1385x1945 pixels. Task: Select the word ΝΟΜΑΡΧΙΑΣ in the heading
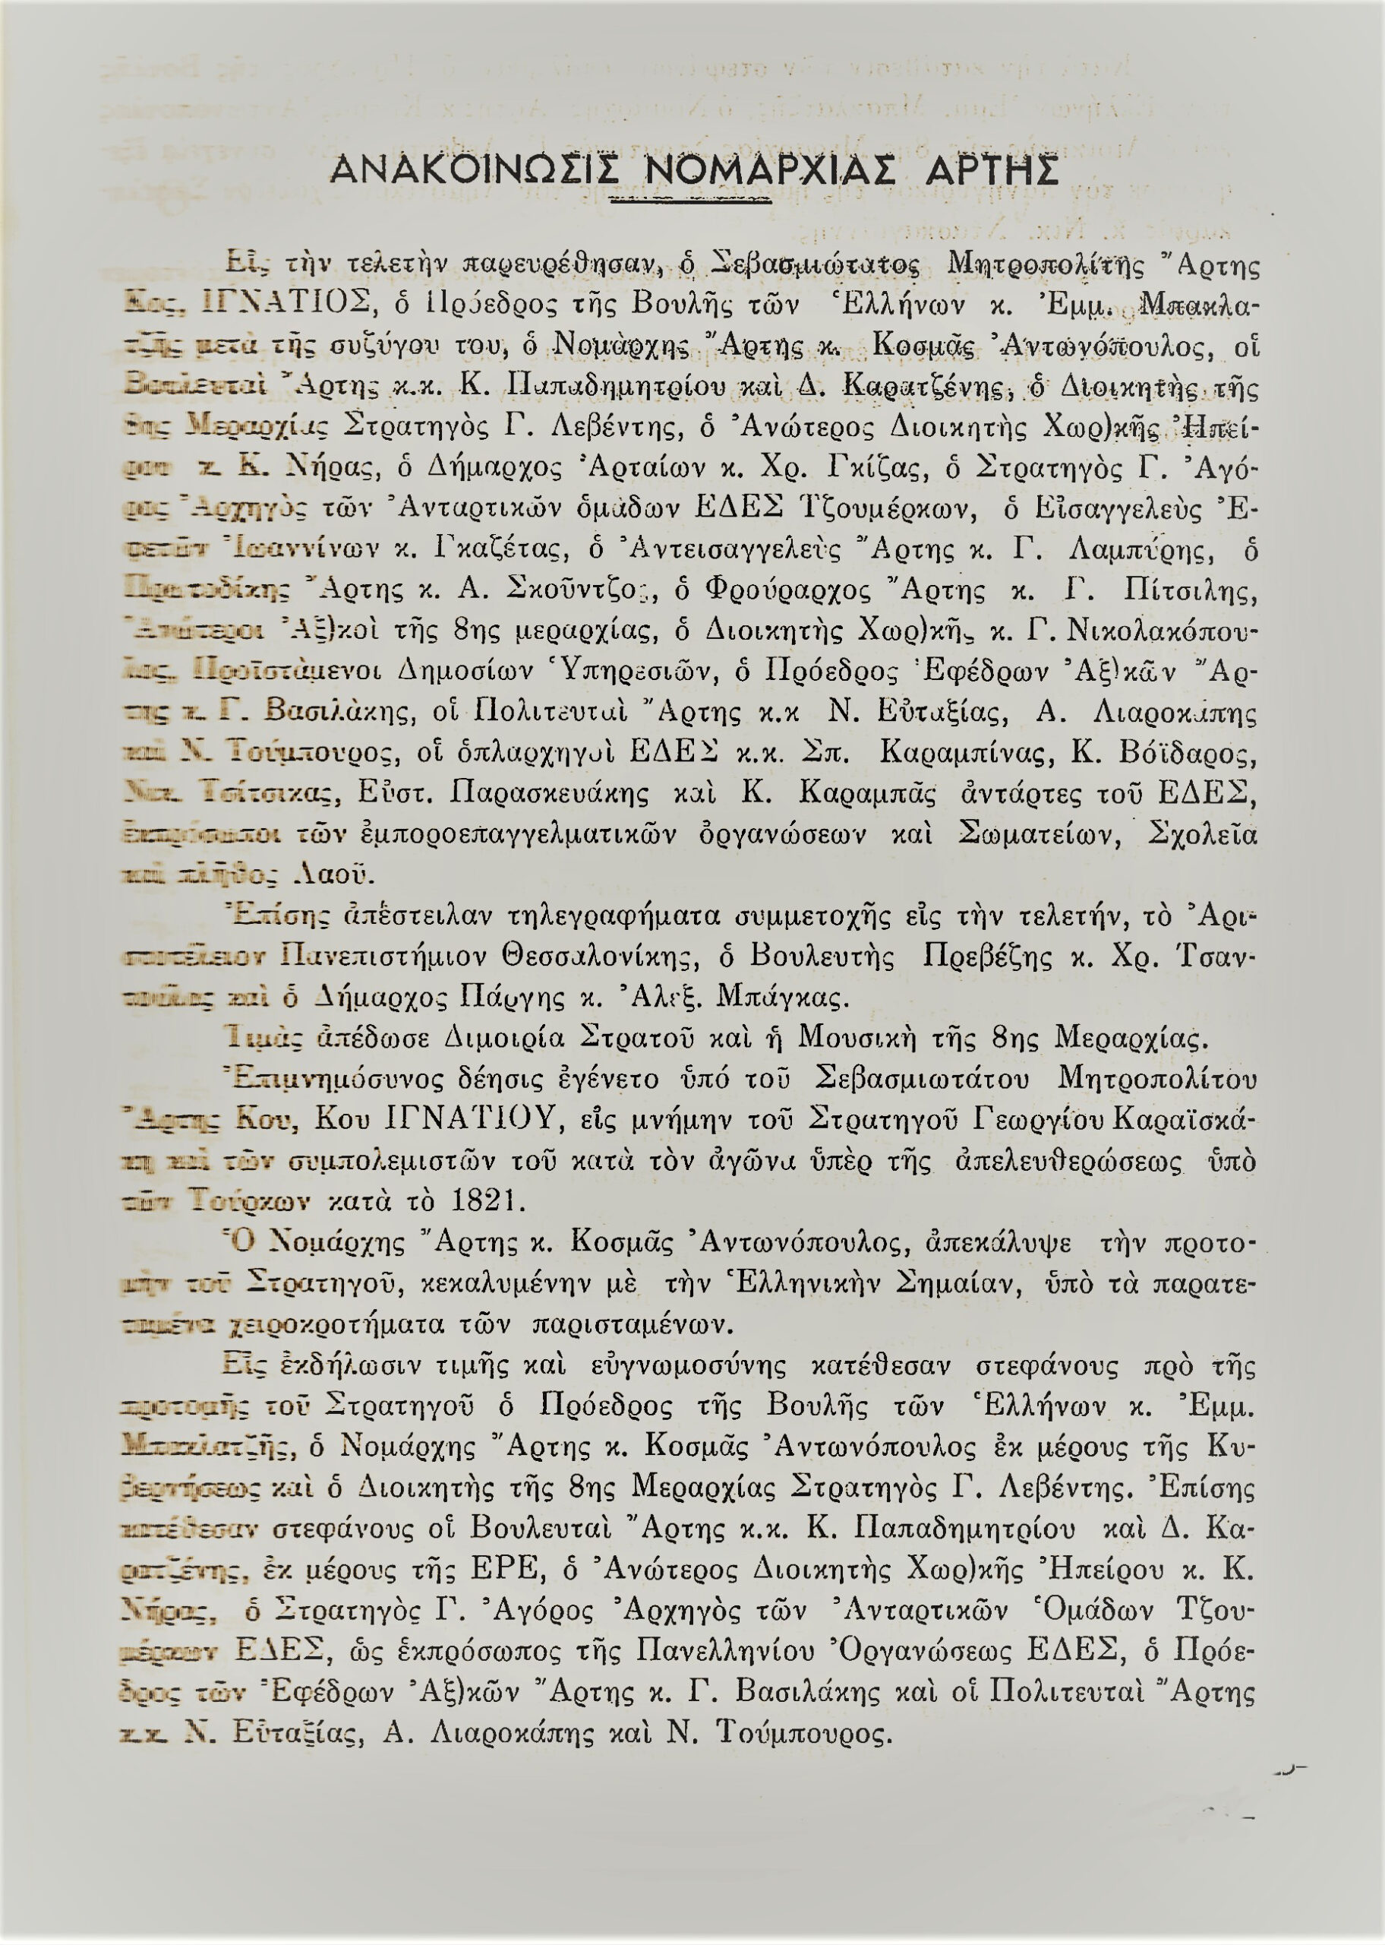769,171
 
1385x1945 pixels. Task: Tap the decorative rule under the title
692,199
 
